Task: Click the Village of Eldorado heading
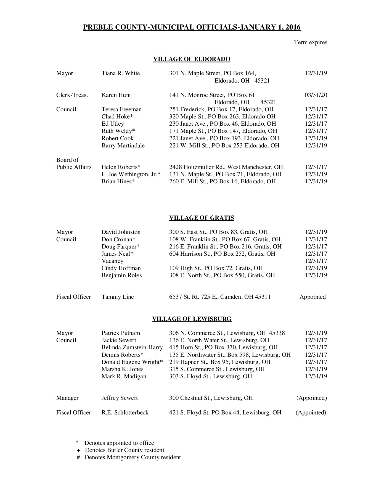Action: pos(192,59)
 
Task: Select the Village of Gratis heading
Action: pos(201,218)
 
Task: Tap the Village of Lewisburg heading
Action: pos(192,319)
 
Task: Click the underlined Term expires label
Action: pos(311,42)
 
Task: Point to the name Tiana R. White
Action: pos(121,73)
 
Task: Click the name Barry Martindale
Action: pos(123,146)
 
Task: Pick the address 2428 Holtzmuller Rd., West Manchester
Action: pos(226,167)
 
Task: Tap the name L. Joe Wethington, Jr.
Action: pos(131,174)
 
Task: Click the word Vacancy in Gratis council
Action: pos(112,261)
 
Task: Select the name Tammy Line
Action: pos(118,297)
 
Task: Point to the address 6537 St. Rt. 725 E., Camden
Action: pos(220,297)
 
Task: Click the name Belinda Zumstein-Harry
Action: pos(132,347)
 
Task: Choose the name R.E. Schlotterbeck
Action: pos(125,413)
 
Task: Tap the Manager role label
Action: pos(67,398)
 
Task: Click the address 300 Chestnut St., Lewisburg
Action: pos(211,398)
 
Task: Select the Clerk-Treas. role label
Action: pos(72,95)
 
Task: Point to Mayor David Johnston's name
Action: pos(121,232)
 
